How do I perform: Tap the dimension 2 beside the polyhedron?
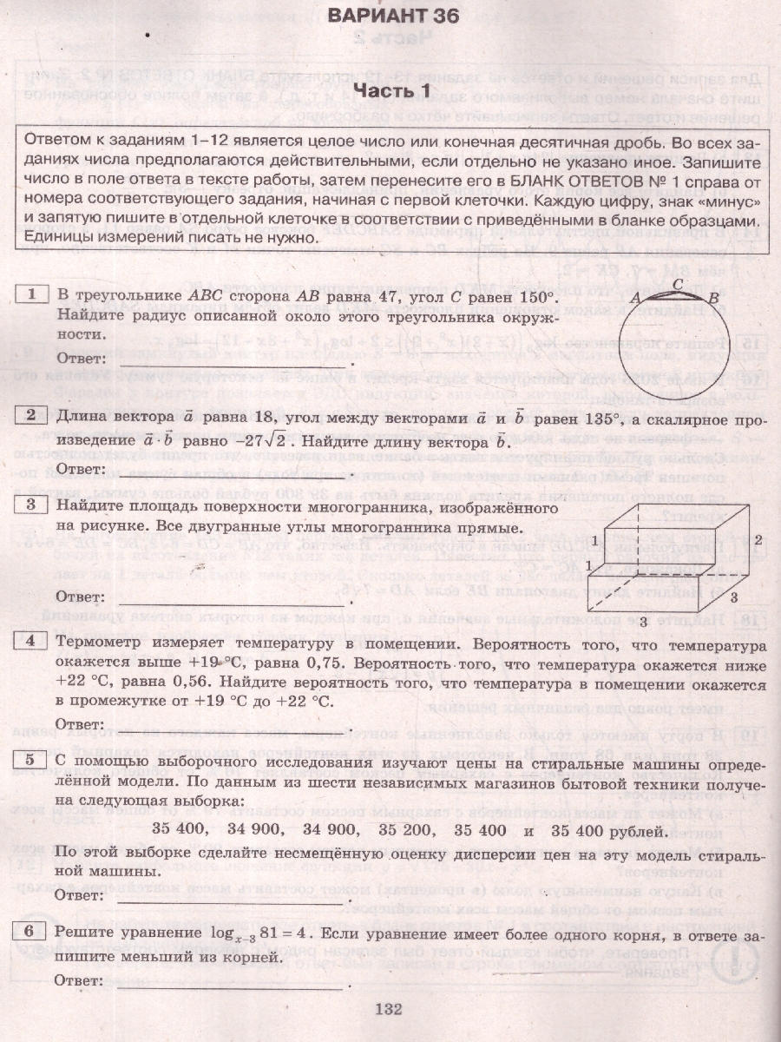[758, 538]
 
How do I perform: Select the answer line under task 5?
[230, 894]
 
